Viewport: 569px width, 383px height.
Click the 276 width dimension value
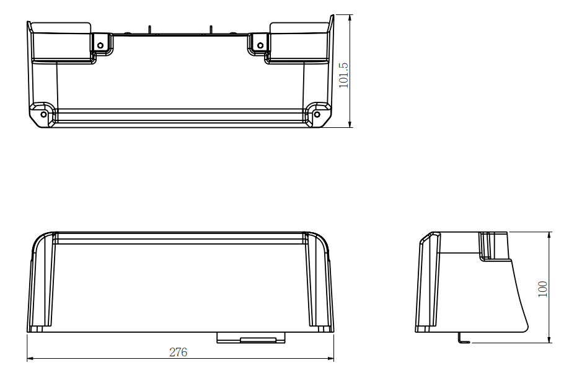tap(179, 353)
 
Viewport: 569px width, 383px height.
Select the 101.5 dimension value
tap(345, 75)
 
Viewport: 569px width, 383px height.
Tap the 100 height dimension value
tap(543, 289)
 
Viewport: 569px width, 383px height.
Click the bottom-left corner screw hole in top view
tap(43, 114)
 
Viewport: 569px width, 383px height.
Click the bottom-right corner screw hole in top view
tap(317, 114)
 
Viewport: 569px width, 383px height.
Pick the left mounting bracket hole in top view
tap(100, 45)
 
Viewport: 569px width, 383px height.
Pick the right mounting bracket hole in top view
tap(260, 45)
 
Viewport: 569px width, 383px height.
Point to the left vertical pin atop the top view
tap(149, 29)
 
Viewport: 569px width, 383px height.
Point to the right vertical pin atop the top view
tap(211, 29)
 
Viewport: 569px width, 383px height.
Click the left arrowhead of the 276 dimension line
tap(30, 359)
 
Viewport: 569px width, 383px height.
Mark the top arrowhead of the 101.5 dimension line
tap(350, 17)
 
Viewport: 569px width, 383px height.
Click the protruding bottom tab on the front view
tap(251, 337)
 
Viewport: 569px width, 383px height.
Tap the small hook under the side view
tap(462, 340)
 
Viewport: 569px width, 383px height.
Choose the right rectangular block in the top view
tap(298, 42)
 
